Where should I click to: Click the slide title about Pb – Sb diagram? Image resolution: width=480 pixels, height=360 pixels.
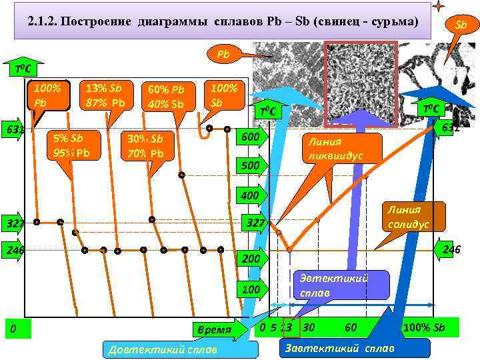point(224,22)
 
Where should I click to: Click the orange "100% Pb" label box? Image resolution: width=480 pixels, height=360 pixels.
point(48,96)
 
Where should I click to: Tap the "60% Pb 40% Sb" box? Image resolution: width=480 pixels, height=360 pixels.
point(167,97)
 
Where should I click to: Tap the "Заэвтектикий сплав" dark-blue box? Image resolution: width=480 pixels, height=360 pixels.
point(339,348)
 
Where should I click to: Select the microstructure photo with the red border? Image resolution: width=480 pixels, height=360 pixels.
point(360,83)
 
